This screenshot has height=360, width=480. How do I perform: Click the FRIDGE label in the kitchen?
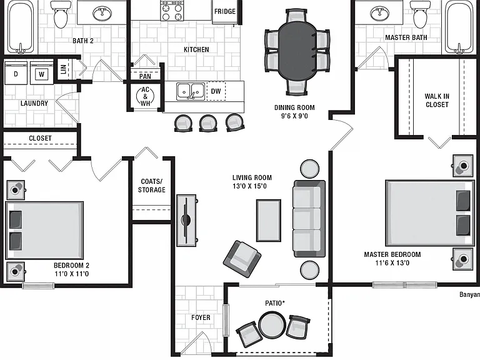(225, 12)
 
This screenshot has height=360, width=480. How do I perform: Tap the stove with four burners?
(172, 11)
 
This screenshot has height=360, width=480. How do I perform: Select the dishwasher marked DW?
(216, 91)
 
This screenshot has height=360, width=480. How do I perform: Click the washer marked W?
(42, 74)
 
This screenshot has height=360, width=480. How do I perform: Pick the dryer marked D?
(16, 74)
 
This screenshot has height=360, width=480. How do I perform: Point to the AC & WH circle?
(145, 96)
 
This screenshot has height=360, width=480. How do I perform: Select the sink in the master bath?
(379, 12)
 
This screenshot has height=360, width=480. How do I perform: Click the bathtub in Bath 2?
(21, 27)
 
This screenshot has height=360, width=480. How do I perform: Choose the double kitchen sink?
(191, 91)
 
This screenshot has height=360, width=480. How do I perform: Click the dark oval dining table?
(297, 51)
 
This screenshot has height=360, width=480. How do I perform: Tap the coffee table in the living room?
(269, 221)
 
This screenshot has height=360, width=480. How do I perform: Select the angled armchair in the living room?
(242, 259)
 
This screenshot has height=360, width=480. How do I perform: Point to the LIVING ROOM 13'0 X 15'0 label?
(252, 182)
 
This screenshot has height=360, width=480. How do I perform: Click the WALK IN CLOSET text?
(437, 101)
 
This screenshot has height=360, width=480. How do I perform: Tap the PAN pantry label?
(145, 76)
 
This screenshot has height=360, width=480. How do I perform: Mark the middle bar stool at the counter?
(208, 123)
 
